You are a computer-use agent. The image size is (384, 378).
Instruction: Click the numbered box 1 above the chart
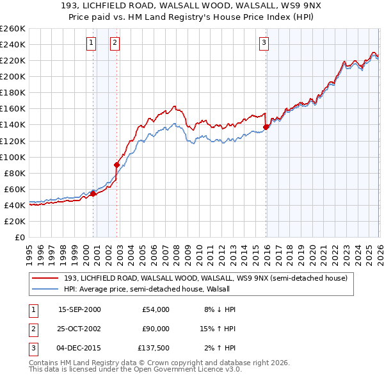[x=92, y=43]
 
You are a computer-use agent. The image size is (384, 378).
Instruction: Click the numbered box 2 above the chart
[x=115, y=43]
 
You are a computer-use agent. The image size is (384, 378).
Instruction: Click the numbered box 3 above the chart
[x=264, y=43]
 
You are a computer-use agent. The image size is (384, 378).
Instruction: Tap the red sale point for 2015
[x=265, y=127]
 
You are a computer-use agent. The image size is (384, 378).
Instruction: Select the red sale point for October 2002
[x=116, y=165]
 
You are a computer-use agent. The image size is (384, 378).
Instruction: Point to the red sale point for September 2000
[x=93, y=193]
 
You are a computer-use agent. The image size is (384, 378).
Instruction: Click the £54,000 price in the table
[x=156, y=309]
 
